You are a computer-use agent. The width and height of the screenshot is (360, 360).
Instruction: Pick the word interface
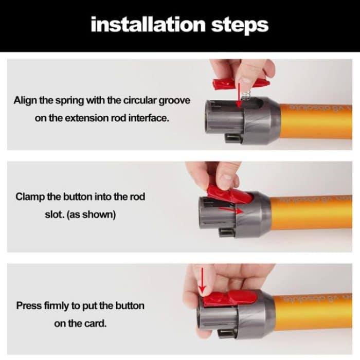(x=149, y=118)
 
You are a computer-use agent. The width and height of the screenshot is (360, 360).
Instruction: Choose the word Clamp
(x=31, y=196)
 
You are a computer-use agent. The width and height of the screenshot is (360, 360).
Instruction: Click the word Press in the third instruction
(x=29, y=305)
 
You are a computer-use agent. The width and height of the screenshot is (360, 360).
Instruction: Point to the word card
(x=96, y=323)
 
